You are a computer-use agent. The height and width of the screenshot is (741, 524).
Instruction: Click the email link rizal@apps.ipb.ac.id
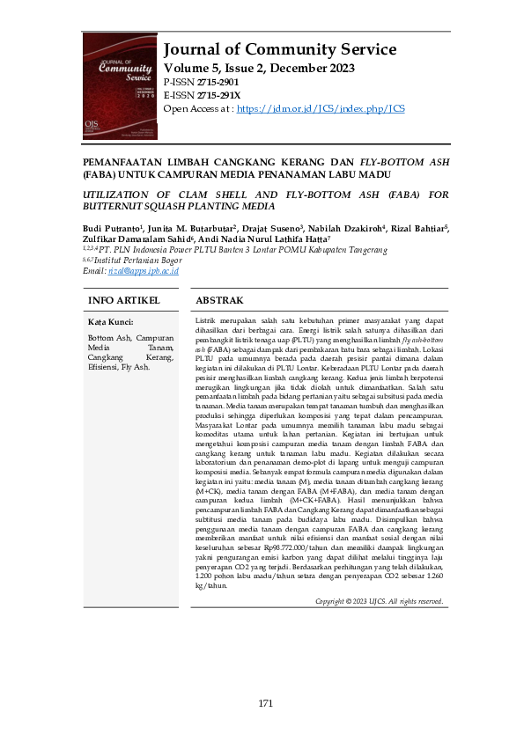point(143,271)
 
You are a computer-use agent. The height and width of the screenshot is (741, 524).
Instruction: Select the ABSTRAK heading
point(219,301)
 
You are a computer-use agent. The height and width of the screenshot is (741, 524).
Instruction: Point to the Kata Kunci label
point(110,323)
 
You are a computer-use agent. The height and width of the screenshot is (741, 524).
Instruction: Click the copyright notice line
point(379,601)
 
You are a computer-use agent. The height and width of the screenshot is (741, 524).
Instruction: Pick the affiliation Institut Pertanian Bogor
point(143,260)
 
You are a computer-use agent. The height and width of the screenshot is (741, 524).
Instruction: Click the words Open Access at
point(196,108)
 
